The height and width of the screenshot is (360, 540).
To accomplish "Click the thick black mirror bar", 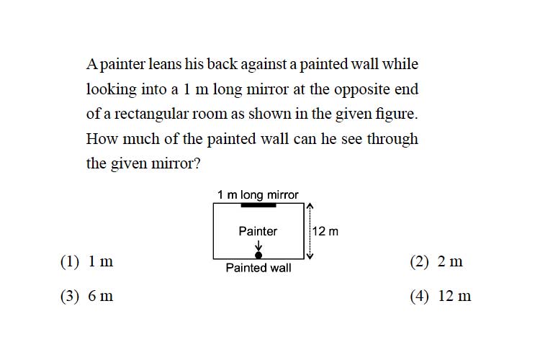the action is (x=258, y=205).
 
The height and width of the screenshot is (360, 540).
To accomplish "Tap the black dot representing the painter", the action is (x=258, y=255).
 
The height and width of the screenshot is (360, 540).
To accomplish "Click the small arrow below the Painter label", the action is (x=258, y=246).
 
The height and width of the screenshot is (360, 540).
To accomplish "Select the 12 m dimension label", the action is (x=325, y=231).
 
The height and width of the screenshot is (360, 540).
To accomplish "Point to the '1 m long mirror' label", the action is (x=258, y=194).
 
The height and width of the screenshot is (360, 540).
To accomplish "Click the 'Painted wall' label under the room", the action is (x=258, y=268).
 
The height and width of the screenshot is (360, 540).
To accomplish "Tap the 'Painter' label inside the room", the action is (x=258, y=231).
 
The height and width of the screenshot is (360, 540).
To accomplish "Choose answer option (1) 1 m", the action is (x=87, y=261).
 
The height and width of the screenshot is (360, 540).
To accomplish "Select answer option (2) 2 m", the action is (x=436, y=261).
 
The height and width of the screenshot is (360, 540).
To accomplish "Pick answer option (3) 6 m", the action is (x=87, y=296).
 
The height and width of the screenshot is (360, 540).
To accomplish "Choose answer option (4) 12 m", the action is (x=441, y=296).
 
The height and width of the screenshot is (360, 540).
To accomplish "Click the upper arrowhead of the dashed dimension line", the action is (x=310, y=206).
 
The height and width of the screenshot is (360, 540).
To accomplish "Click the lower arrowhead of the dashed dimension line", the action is (x=310, y=256).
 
